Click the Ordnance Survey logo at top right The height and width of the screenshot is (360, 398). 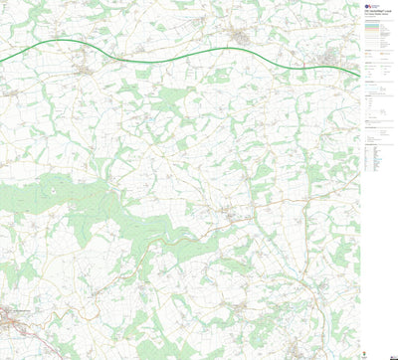tap(366, 5)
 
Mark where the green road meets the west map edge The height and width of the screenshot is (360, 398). tap(1, 63)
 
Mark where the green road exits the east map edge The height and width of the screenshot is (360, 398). tap(359, 72)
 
